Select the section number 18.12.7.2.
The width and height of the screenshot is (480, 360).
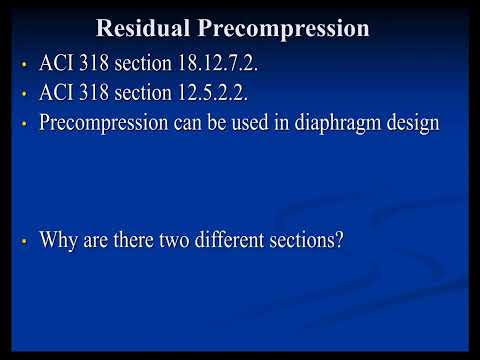pyautogui.click(x=223, y=67)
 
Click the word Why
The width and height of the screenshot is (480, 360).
pyautogui.click(x=58, y=240)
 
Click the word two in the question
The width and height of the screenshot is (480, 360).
pyautogui.click(x=176, y=240)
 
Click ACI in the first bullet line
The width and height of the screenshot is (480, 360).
pyautogui.click(x=56, y=67)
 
